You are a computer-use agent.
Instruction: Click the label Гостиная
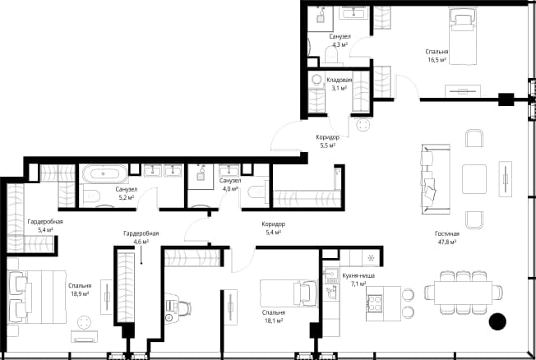click(446, 234)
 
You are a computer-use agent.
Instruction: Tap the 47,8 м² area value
click(447, 242)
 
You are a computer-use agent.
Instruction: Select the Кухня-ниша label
click(358, 275)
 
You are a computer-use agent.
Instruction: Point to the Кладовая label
click(339, 80)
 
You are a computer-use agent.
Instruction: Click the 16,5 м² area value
click(437, 60)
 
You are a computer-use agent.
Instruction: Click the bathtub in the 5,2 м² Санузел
click(104, 173)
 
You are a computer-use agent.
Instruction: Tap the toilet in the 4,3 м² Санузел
click(331, 56)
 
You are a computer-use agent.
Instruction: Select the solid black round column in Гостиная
click(497, 321)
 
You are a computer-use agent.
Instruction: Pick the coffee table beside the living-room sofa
click(474, 179)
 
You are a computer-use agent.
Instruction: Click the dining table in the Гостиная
click(463, 293)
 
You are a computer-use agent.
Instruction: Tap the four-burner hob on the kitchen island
click(374, 303)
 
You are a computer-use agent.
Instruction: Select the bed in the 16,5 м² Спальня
click(463, 36)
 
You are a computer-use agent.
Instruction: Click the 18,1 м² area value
click(274, 321)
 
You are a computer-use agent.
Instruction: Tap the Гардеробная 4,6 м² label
click(141, 238)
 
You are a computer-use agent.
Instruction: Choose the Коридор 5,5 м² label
click(327, 141)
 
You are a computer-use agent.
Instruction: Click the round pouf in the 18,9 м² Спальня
click(84, 323)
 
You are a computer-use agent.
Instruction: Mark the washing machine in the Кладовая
click(317, 80)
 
